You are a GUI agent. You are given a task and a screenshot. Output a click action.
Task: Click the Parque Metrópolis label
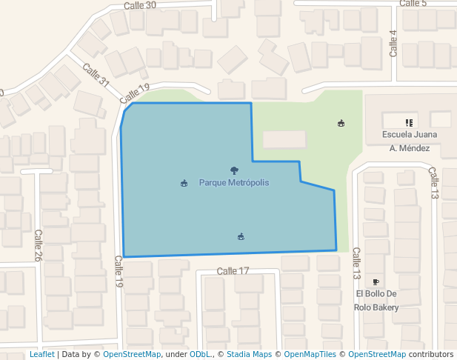233,182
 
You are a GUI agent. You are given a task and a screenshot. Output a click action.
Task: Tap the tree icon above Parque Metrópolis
234,170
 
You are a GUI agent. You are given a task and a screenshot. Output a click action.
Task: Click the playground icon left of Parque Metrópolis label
184,183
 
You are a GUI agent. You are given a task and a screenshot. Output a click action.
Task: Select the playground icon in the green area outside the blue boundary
341,123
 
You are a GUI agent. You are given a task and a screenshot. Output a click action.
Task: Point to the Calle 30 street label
140,5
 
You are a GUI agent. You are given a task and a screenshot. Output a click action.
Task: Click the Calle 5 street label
413,4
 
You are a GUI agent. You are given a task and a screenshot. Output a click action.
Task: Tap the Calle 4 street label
393,44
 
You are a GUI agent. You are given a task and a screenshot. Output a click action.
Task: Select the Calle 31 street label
96,76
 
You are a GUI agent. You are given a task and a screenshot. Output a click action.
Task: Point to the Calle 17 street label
233,271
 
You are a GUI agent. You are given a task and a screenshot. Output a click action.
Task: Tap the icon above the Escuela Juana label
408,122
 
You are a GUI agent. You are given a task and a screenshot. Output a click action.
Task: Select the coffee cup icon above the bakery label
376,281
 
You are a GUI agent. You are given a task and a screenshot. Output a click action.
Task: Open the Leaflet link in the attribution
41,354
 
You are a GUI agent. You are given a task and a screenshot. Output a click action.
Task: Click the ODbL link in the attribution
199,354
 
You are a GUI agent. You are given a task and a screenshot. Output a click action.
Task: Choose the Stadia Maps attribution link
249,354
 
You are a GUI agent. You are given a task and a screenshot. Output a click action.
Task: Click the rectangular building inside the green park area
284,139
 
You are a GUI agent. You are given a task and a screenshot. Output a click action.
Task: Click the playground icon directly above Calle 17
241,237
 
